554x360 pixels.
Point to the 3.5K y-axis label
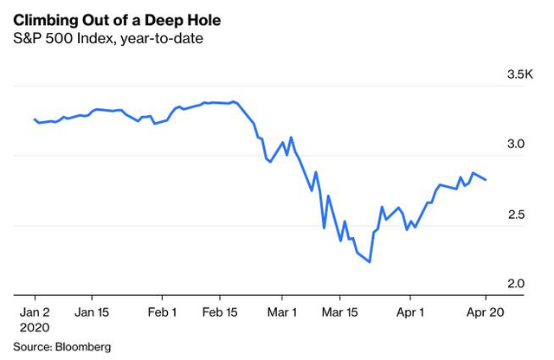[521, 75]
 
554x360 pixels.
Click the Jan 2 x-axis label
[35, 312]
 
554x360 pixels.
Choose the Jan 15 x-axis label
[93, 312]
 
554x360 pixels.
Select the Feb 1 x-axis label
[163, 312]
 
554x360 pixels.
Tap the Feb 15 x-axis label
[221, 312]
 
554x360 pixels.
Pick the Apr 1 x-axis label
[410, 312]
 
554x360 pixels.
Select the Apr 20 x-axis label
[485, 312]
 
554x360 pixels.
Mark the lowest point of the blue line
[370, 262]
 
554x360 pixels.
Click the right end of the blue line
[486, 180]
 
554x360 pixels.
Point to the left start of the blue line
[34, 119]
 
